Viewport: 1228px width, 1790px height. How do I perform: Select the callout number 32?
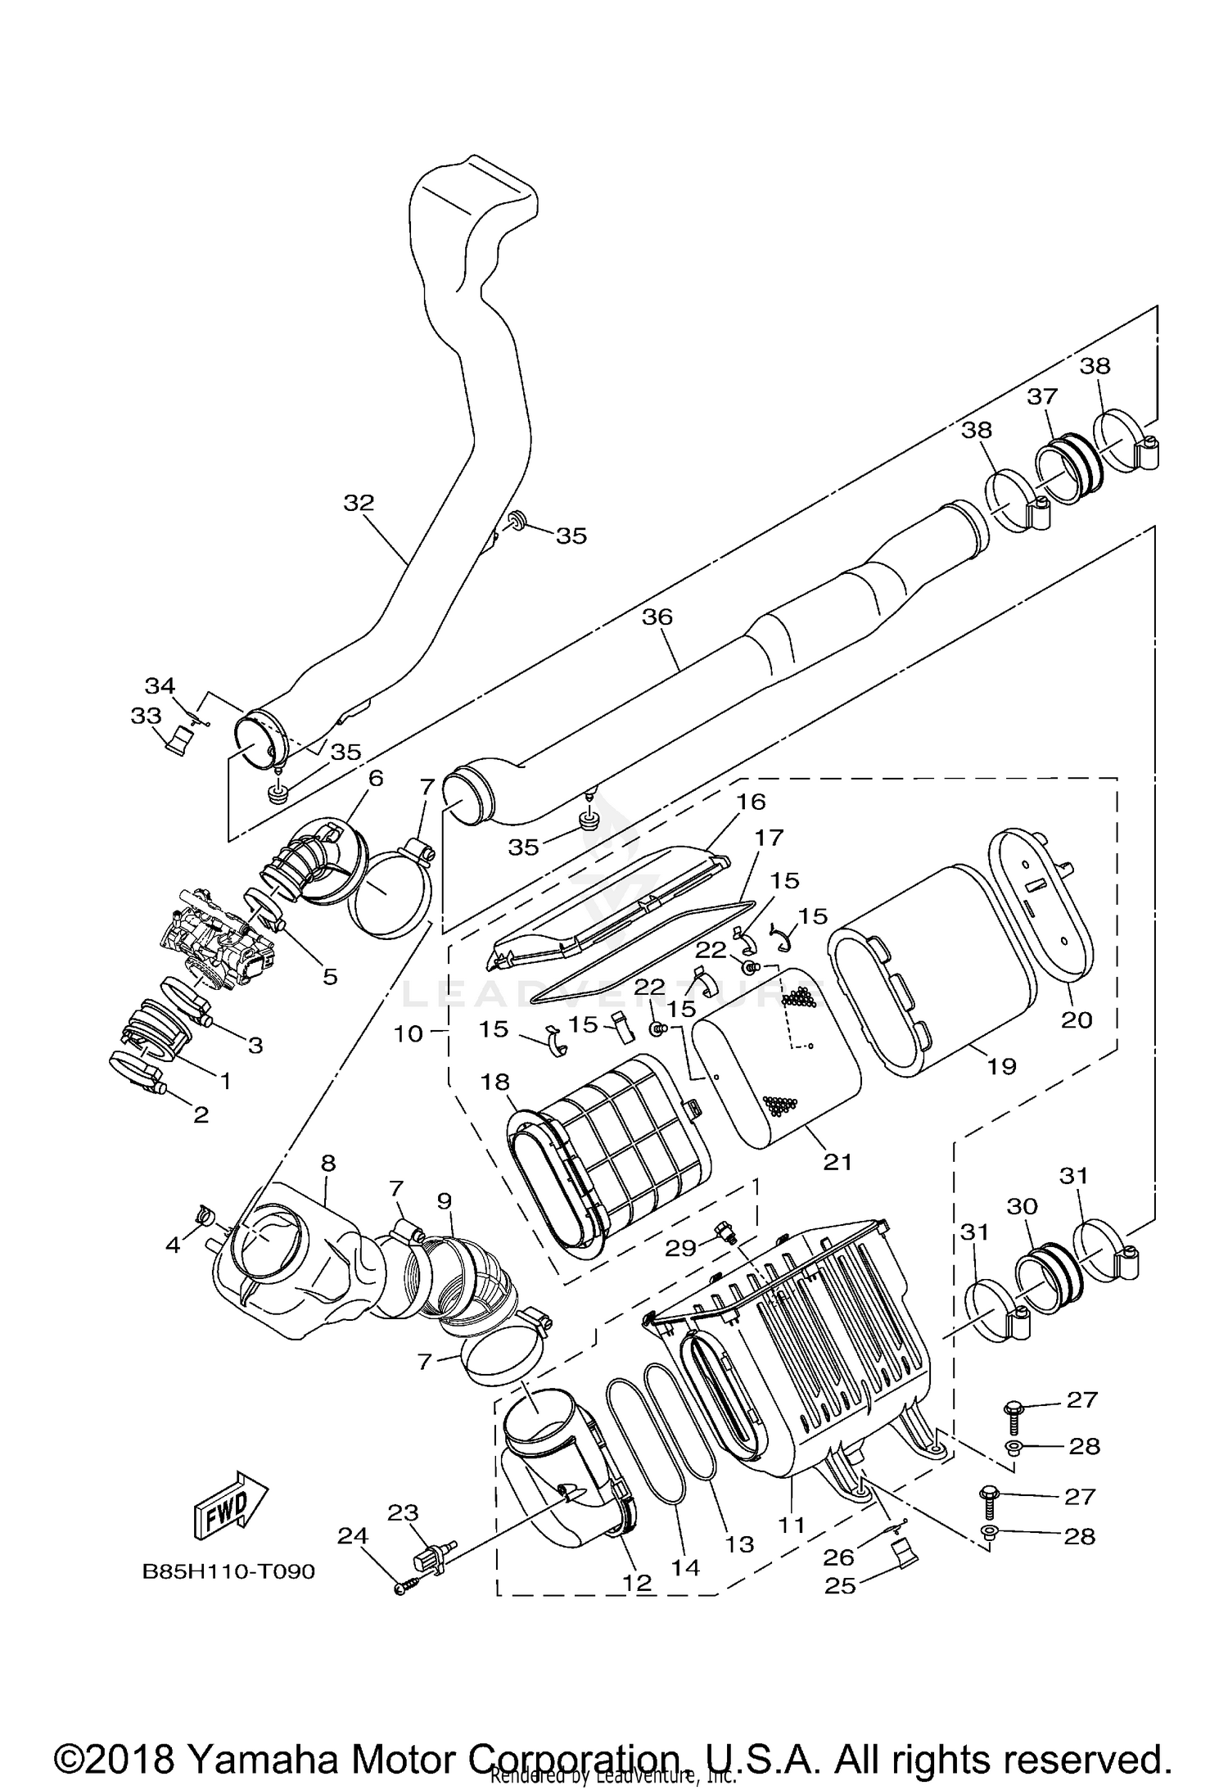358,503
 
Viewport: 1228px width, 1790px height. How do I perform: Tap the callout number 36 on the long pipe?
657,617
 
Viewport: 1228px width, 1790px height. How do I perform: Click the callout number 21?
837,1161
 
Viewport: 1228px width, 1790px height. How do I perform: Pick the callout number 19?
1001,1066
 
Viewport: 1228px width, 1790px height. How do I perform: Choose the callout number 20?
1077,1019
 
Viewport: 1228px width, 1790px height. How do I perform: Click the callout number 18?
495,1081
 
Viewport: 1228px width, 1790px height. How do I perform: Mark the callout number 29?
680,1247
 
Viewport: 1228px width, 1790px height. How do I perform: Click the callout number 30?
1022,1206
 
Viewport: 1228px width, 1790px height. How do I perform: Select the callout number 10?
408,1033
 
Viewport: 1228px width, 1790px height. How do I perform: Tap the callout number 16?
751,801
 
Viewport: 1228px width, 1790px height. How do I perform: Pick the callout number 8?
327,1163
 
